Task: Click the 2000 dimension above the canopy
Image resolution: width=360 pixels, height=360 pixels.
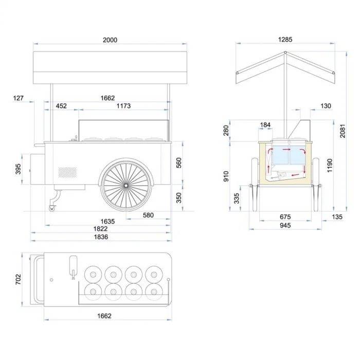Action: (110, 40)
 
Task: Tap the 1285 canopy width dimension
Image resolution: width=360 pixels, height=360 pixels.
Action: (285, 40)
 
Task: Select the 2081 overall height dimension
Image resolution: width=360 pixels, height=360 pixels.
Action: (343, 131)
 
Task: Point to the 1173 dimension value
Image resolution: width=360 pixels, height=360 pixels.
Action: (123, 106)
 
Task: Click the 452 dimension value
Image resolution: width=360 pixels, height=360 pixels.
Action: (61, 106)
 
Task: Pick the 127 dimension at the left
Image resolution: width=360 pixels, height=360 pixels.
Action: (18, 98)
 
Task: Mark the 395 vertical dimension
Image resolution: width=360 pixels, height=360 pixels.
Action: (18, 169)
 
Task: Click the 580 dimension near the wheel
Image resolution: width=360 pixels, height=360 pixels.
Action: (148, 215)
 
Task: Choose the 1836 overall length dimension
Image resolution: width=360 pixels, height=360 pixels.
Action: (101, 237)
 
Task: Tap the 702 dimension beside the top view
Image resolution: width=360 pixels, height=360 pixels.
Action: (18, 279)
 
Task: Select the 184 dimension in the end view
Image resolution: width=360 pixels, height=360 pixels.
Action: (265, 125)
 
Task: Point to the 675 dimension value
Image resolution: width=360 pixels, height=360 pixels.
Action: (285, 217)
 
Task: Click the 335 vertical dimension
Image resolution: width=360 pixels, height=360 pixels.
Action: (237, 199)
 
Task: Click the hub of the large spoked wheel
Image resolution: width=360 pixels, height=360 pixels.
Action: (126, 185)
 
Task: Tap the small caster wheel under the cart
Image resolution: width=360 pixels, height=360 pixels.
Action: (52, 208)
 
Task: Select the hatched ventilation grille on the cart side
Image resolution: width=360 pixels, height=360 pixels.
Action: (67, 172)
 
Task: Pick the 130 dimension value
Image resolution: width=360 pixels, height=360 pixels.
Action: (326, 106)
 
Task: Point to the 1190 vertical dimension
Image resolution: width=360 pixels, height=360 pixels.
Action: (330, 165)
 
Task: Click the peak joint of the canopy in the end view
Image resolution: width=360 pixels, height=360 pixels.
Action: (285, 52)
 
